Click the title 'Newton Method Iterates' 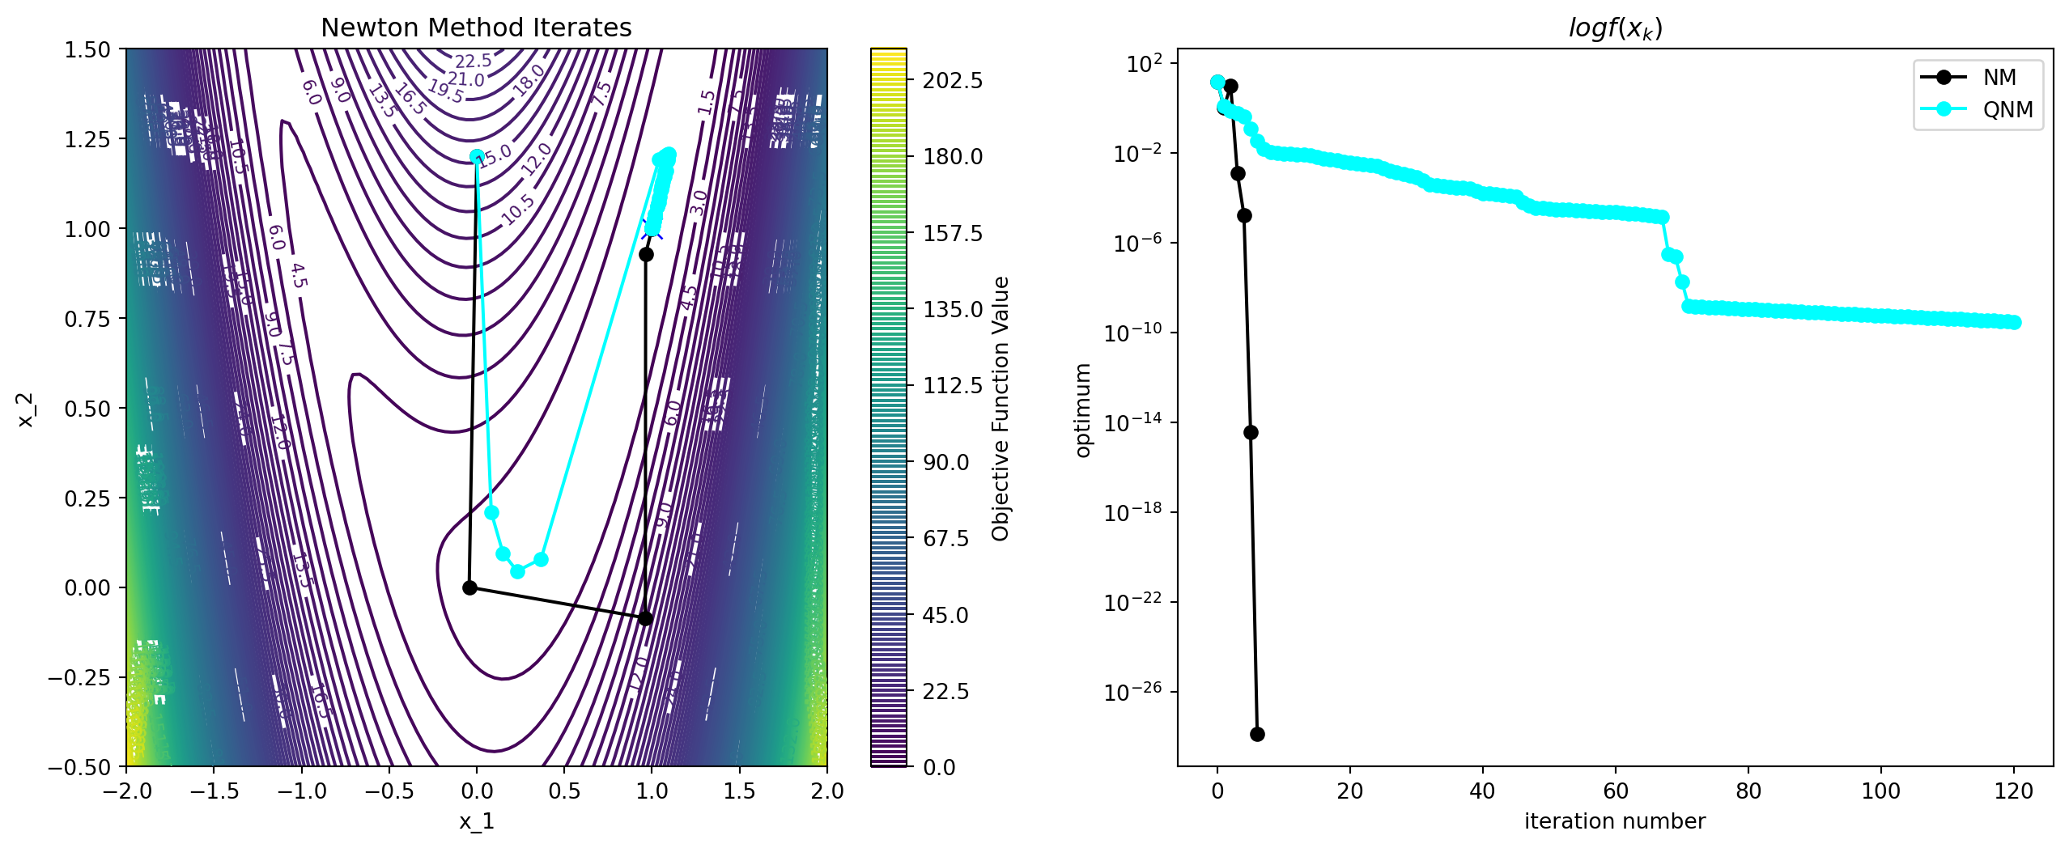click(x=476, y=28)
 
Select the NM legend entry click(x=1999, y=78)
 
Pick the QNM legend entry click(x=2007, y=110)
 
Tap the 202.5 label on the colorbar click(x=952, y=81)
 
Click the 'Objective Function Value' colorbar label click(x=1001, y=409)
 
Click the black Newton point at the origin click(x=469, y=587)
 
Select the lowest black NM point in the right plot click(x=1257, y=734)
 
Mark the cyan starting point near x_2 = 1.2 click(x=477, y=157)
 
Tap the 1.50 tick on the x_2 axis click(x=87, y=50)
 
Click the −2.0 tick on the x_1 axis click(x=127, y=791)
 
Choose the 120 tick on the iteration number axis click(x=2013, y=791)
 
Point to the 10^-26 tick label click(x=1132, y=693)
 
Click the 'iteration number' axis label click(x=1614, y=821)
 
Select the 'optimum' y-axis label click(x=1083, y=409)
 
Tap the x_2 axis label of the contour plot click(x=26, y=409)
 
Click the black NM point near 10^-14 click(x=1251, y=432)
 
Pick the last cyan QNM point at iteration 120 click(x=2014, y=322)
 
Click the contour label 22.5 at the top click(x=473, y=61)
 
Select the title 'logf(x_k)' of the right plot click(x=1615, y=28)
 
